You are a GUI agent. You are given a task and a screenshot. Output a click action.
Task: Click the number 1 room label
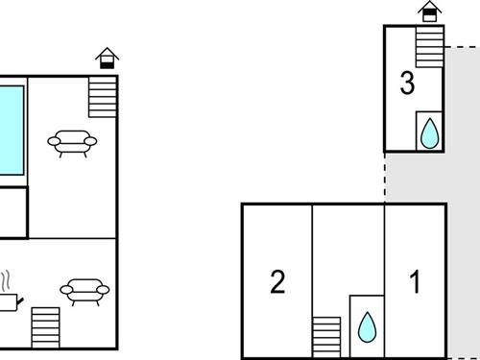416,282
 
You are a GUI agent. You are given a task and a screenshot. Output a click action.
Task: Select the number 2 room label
277,282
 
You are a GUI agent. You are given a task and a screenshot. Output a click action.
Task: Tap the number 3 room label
407,84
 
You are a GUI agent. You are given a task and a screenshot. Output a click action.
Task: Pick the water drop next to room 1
366,326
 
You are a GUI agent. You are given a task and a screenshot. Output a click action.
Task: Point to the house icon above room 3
430,12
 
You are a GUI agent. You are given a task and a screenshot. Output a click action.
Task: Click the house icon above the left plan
108,59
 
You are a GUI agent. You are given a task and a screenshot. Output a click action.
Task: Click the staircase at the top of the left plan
101,95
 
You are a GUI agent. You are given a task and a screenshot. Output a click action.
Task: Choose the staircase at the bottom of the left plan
45,327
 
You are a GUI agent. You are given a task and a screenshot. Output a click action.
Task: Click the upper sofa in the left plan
73,143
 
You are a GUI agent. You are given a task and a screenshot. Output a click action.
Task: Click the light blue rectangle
11,131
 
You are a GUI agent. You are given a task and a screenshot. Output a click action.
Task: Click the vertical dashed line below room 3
385,177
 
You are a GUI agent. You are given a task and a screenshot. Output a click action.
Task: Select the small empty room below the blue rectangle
12,212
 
